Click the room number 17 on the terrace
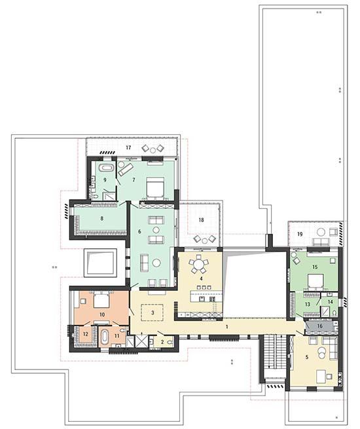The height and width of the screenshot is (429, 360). point(128,147)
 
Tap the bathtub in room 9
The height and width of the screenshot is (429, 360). point(105,168)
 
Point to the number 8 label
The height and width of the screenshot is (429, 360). point(102,218)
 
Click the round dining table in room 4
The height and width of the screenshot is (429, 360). point(198,265)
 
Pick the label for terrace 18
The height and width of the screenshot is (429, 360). point(201,219)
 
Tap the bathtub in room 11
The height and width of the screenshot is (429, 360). point(105,337)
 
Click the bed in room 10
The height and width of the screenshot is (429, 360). point(101,301)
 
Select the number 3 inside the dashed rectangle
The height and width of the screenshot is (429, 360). point(153,312)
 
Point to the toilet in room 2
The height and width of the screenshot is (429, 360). point(170,342)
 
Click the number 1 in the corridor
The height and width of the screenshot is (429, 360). point(226,327)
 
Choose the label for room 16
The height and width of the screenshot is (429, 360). point(319,326)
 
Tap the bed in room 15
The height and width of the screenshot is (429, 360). point(315,282)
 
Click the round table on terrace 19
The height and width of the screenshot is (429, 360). point(321,233)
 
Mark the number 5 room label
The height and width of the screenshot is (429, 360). point(307,357)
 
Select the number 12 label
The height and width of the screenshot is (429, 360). point(86,334)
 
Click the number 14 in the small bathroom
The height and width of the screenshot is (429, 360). point(330,302)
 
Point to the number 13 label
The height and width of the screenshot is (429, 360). point(308,305)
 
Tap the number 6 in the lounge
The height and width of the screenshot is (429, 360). point(139,232)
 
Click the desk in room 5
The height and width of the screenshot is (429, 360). point(322,376)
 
